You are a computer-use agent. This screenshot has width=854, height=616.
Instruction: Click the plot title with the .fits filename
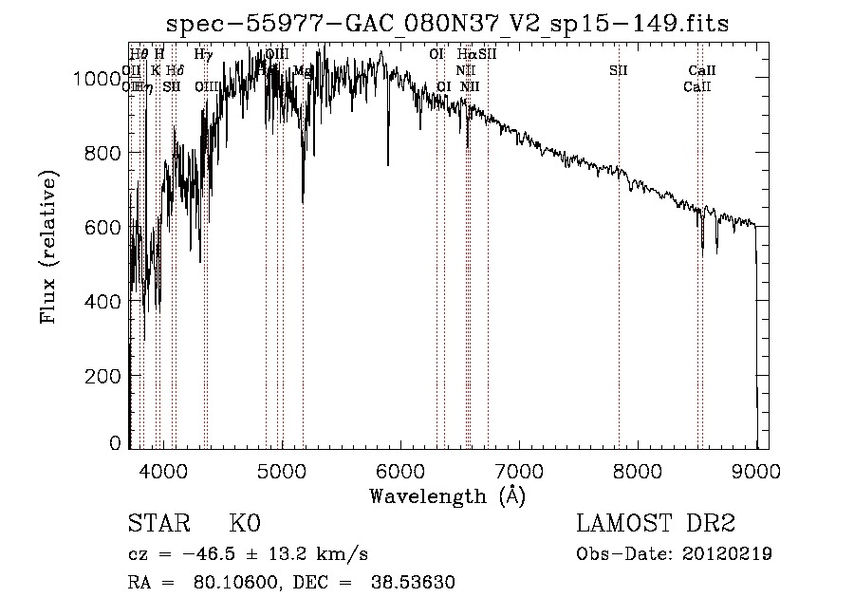[448, 23]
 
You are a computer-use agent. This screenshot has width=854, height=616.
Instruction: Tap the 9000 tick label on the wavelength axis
[756, 470]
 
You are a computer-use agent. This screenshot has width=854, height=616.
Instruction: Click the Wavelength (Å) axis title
[447, 495]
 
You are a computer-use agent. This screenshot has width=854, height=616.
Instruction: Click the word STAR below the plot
[158, 525]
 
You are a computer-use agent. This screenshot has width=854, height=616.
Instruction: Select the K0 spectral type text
[245, 525]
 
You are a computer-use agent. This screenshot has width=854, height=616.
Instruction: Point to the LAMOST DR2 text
[656, 525]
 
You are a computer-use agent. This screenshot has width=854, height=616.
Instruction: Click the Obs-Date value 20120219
[732, 554]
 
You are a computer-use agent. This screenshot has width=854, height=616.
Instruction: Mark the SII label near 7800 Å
[619, 71]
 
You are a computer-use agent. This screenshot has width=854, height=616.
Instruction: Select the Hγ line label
[202, 55]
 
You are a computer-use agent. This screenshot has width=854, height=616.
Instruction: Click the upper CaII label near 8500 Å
[702, 71]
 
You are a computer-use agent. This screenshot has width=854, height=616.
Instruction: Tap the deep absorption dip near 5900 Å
[387, 161]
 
